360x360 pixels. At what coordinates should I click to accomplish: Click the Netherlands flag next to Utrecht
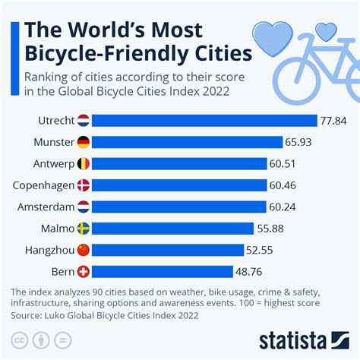(x=84, y=120)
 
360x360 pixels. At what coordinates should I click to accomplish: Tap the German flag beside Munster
(x=84, y=142)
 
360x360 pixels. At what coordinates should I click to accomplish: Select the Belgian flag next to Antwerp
(x=84, y=163)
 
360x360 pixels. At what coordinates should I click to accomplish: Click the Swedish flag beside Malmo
(x=84, y=229)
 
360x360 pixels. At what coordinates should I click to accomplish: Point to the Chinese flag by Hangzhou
(x=84, y=250)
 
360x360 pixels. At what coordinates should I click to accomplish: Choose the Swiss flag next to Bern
(x=84, y=271)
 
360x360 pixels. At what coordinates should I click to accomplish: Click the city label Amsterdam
(x=43, y=207)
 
